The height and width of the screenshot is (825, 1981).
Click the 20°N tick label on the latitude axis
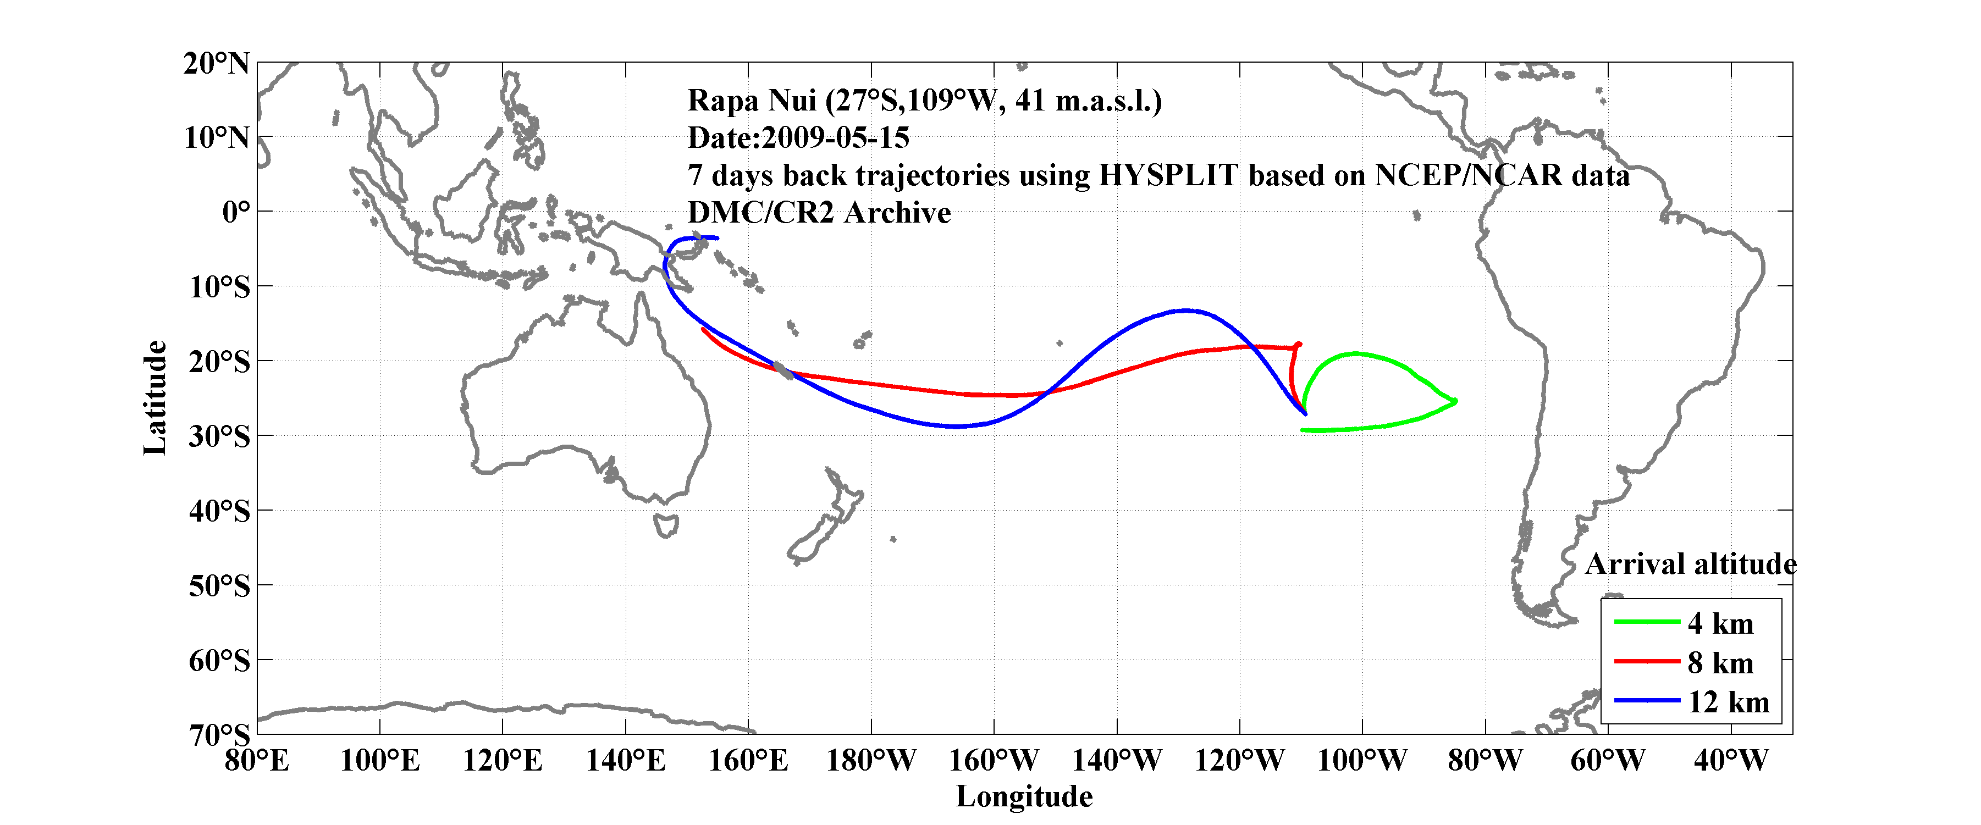[217, 64]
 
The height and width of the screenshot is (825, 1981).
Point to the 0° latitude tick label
[236, 212]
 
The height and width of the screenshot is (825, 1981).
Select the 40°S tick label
[220, 511]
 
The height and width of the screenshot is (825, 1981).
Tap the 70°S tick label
[220, 735]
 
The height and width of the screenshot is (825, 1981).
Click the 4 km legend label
[1720, 623]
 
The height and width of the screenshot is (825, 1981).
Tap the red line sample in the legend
[1647, 661]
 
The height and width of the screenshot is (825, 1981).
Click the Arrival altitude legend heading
[1690, 564]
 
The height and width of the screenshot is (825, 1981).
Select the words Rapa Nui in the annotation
[751, 101]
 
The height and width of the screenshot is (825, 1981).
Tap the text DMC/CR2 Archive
[819, 213]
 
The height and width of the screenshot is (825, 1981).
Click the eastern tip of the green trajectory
[1455, 401]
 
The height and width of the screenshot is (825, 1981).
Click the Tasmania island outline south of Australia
[666, 526]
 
